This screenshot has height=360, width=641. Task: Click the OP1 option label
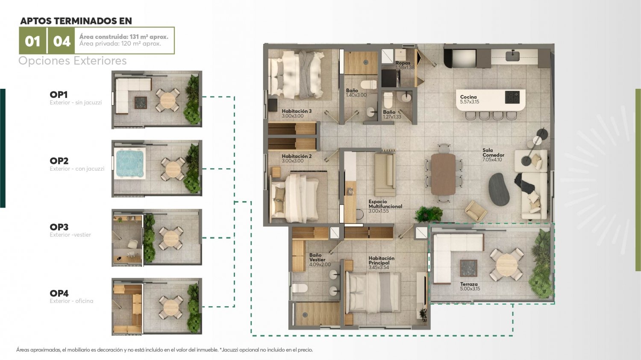[59, 95]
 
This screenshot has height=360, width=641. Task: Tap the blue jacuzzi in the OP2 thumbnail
[130, 163]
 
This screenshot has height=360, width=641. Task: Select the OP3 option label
[59, 227]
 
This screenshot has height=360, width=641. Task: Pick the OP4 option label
[59, 293]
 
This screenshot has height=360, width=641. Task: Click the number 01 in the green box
[32, 41]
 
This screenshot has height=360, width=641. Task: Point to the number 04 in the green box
[62, 41]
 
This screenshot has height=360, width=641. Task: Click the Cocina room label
[468, 97]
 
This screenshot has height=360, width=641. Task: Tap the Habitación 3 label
[297, 111]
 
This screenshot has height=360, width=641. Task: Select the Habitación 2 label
[297, 156]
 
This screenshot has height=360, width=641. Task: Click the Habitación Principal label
[381, 260]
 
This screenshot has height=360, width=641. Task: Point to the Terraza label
[469, 284]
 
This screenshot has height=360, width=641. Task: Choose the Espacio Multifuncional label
[385, 204]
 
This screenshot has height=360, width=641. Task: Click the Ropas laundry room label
[403, 63]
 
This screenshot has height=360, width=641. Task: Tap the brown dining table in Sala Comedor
[443, 174]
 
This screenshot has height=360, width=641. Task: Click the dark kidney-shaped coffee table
[500, 189]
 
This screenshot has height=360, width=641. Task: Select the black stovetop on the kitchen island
[512, 97]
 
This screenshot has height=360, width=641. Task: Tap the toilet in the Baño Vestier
[300, 288]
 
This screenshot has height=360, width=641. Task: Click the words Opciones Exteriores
[72, 61]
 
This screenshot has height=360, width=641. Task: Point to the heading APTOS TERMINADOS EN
[76, 21]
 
